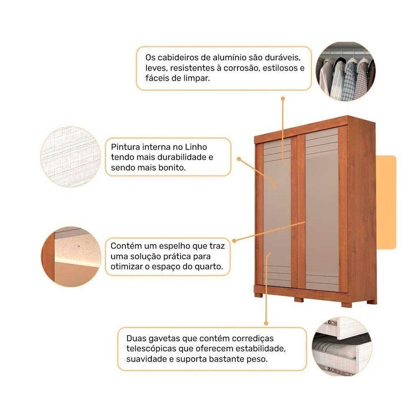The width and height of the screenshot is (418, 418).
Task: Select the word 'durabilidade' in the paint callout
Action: (182, 158)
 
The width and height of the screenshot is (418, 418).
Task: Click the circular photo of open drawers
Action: (342, 346)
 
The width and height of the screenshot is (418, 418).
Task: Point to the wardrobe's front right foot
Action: (347, 304)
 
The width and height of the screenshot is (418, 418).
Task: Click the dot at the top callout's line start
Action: (283, 99)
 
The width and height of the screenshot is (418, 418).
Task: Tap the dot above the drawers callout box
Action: (265, 322)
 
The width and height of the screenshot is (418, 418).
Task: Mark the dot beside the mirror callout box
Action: (234, 240)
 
